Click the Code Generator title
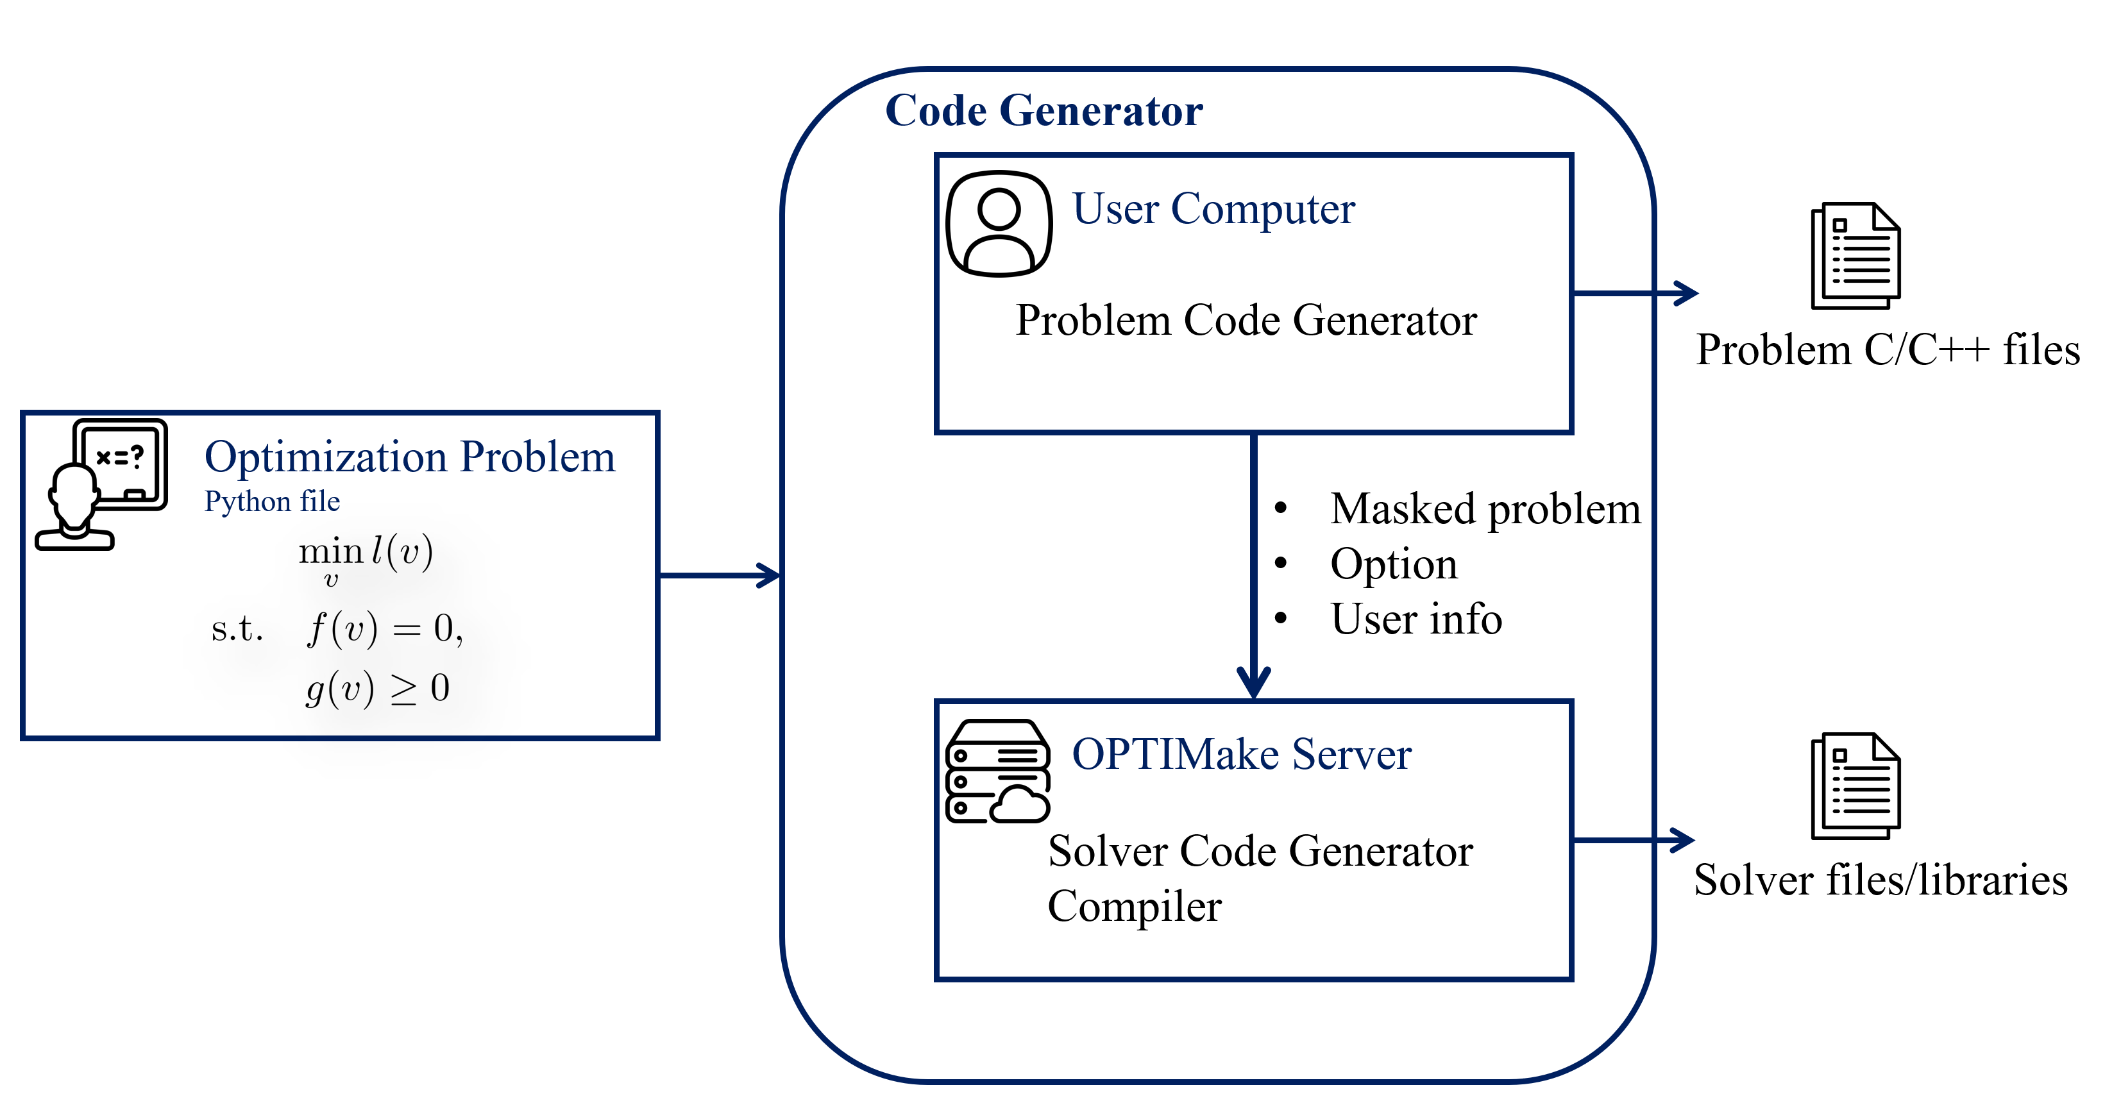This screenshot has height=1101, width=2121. coord(1044,110)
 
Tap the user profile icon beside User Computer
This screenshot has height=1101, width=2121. coord(998,223)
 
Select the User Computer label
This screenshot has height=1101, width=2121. coord(1213,208)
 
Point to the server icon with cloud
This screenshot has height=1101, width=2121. coord(998,771)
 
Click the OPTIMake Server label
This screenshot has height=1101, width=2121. coord(1241,753)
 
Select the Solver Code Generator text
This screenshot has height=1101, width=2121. coord(1260,851)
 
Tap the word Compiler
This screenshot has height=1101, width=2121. coord(1134,906)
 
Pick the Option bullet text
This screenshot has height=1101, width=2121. coord(1393,564)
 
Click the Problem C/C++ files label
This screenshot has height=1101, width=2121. coord(1887,349)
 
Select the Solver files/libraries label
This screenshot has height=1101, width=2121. coord(1880,880)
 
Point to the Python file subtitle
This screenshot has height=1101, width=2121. coord(272,501)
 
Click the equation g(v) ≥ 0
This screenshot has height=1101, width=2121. coord(377,689)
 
